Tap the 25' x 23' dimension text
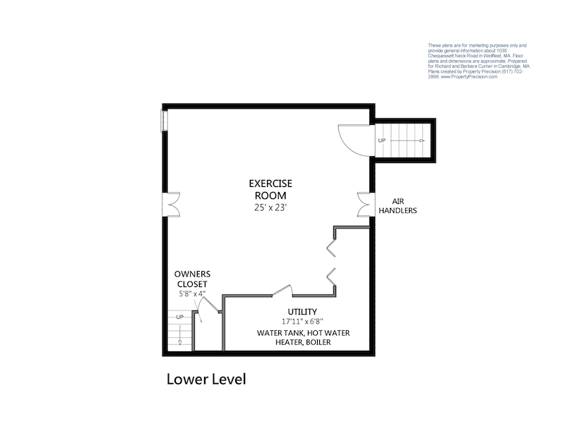click(x=270, y=208)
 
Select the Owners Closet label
click(x=192, y=279)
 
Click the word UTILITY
click(x=302, y=312)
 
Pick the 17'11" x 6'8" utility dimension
click(x=302, y=322)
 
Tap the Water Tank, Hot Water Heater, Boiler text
click(x=304, y=337)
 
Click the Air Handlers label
click(x=398, y=205)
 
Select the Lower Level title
click(x=206, y=380)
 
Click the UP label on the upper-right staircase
click(x=382, y=140)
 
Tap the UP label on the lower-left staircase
click(x=179, y=317)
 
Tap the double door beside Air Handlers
click(x=364, y=204)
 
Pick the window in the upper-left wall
click(x=165, y=121)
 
